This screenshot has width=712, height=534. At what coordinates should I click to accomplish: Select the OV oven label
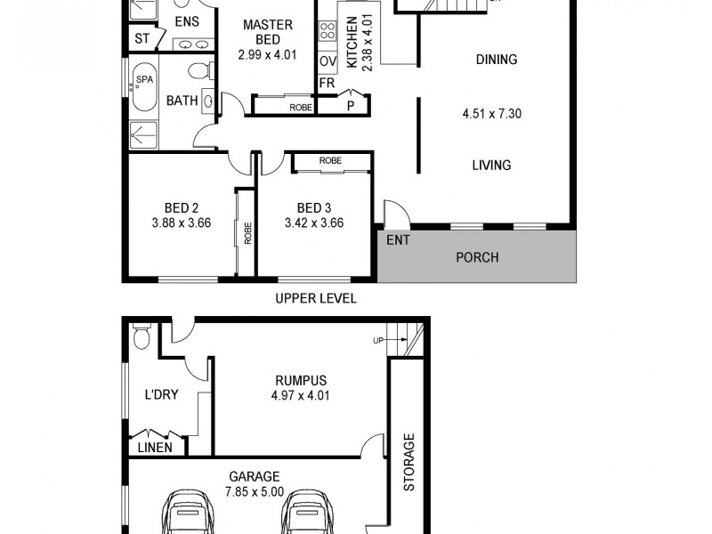(327, 61)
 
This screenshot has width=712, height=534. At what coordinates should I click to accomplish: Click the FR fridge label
(327, 83)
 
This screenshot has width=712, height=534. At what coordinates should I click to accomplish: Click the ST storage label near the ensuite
(142, 39)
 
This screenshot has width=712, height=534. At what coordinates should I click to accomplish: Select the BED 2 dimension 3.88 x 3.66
(181, 223)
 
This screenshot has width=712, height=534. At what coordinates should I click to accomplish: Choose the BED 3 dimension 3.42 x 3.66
(313, 223)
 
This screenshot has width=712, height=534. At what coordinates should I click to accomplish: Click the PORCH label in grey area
(477, 258)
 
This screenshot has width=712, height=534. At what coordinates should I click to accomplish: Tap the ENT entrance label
(397, 240)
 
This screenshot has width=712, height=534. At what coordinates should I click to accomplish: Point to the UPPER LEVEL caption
(316, 298)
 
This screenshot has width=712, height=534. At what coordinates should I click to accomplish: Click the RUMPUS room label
(300, 380)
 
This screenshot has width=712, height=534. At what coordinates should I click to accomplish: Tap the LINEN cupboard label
(155, 448)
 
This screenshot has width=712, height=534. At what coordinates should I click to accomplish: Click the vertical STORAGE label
(409, 463)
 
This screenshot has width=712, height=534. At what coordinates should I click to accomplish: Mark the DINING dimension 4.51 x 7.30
(492, 113)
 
